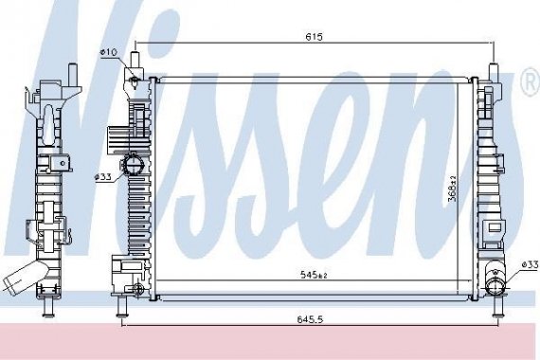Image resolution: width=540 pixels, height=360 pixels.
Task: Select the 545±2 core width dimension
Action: coord(314,276)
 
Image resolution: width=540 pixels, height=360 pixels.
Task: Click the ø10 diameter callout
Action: coord(107,52)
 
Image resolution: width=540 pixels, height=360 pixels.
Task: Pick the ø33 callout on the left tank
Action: coord(102,176)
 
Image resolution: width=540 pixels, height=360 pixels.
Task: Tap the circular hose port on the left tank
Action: coord(135,165)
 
